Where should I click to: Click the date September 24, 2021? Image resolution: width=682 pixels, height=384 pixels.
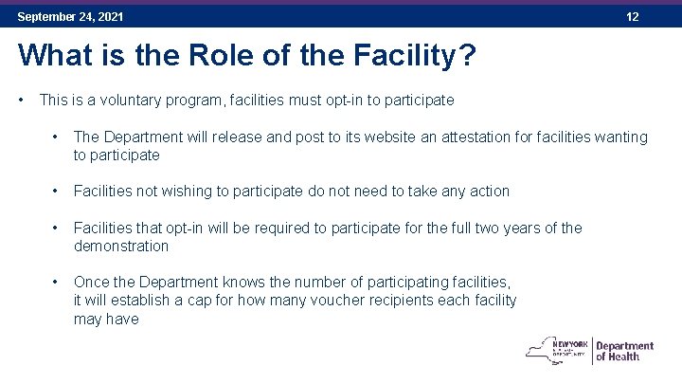tap(70, 17)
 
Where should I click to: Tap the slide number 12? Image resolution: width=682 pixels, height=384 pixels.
tap(633, 17)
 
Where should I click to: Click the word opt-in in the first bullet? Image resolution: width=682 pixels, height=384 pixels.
tap(330, 100)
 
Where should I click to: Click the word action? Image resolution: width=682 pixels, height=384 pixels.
tap(489, 191)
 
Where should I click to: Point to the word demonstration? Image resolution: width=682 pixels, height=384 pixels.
tap(121, 247)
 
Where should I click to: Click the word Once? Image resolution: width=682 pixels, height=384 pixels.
tap(91, 283)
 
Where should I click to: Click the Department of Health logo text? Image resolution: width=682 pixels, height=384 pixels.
tap(625, 351)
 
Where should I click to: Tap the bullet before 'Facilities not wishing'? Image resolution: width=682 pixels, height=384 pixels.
tap(58, 191)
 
